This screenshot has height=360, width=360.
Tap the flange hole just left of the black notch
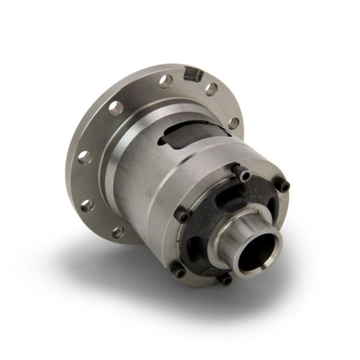pos(166,80)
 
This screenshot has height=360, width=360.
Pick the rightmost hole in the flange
pos(233,122)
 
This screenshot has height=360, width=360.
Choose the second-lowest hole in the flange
pos(89,205)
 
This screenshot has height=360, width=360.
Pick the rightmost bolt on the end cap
pos(283,187)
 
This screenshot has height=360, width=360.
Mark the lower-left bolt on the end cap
pos(179,271)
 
